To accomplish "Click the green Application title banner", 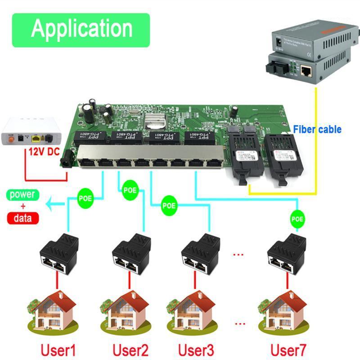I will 81,30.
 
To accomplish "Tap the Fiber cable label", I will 317,130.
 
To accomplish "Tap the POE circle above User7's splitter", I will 297,219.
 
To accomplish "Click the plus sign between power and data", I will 22,207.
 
